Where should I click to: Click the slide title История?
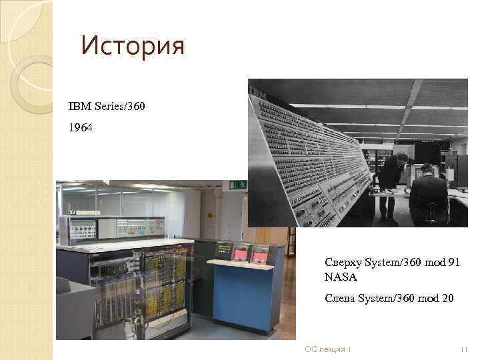[131, 46]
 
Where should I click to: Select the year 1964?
[81, 127]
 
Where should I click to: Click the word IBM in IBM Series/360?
[78, 107]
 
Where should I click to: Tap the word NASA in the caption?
[341, 277]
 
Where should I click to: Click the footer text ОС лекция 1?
[327, 349]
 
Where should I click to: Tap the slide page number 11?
[465, 349]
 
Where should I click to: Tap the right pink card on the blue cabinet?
[258, 253]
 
